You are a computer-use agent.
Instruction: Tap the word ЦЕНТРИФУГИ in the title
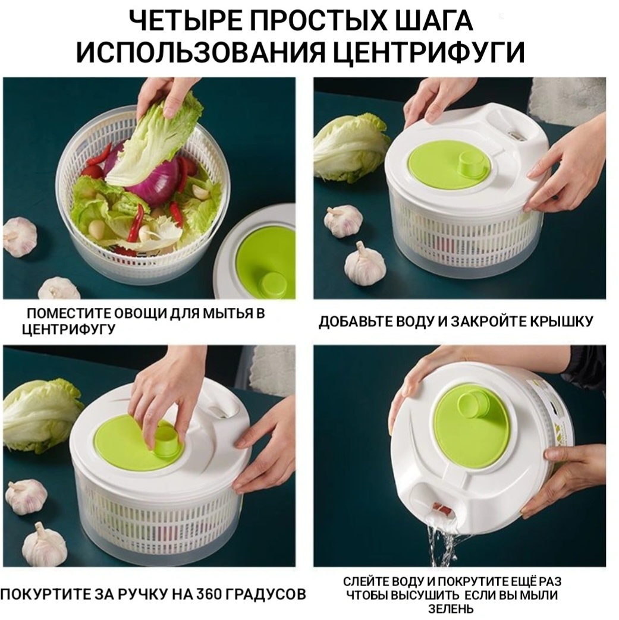click(x=426, y=52)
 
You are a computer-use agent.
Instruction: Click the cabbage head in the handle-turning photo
click(x=40, y=414)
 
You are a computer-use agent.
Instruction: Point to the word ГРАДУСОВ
click(x=269, y=593)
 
